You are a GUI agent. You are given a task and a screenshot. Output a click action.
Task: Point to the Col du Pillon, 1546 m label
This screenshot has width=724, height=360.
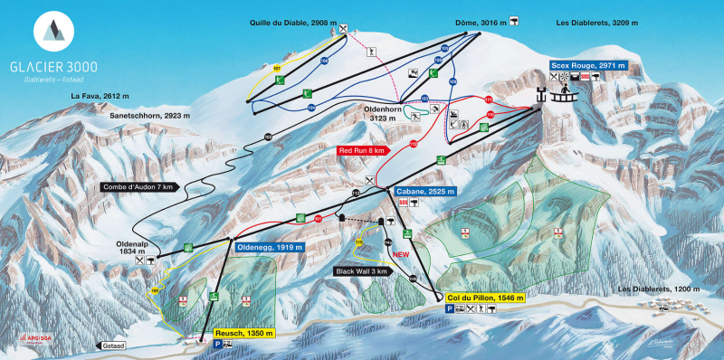[485, 297]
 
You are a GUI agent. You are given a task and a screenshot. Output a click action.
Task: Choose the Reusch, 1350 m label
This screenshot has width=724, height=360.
[243, 333]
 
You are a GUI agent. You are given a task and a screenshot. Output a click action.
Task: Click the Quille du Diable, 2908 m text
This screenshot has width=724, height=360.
[291, 22]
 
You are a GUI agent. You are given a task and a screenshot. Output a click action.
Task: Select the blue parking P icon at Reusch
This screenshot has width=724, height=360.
[217, 345]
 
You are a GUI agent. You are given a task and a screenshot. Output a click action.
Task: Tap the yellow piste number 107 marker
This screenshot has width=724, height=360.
[277, 69]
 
